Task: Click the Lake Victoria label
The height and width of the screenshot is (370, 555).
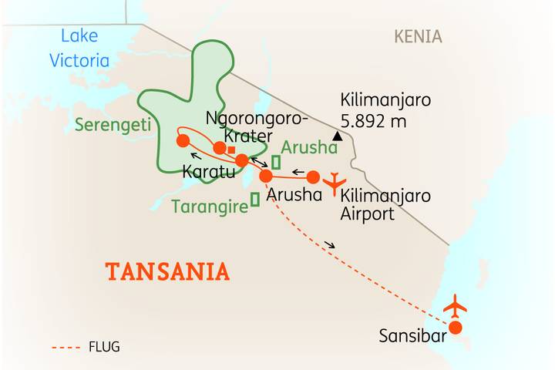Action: point(79,48)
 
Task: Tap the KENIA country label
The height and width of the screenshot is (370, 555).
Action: point(418,36)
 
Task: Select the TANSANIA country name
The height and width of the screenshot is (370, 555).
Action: point(167,271)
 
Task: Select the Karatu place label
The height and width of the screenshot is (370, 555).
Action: point(208,172)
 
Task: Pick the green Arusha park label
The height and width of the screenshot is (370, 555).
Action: point(309,147)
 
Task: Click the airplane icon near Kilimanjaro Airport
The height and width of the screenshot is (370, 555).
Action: point(334,183)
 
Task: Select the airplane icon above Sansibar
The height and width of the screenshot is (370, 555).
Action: point(455,306)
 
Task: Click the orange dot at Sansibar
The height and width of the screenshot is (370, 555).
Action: point(456,328)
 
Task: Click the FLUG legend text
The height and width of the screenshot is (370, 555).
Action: point(104,347)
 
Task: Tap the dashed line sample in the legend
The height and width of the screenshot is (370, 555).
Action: point(66,348)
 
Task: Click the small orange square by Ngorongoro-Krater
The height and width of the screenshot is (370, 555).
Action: point(231,150)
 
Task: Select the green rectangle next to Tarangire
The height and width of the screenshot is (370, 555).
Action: point(255,200)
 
